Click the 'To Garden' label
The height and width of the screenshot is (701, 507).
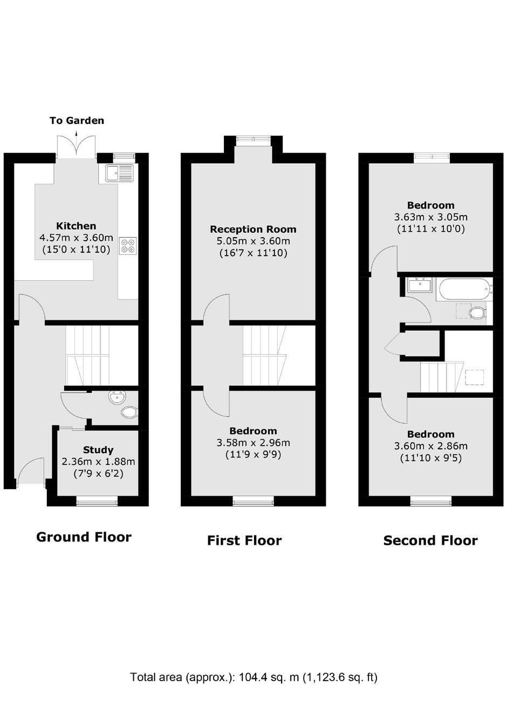point(77,121)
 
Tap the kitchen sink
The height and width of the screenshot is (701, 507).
point(120,173)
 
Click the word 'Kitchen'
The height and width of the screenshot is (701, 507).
point(76,226)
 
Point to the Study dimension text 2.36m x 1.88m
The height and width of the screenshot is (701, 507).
point(98,462)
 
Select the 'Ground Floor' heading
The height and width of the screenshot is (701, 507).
point(84,537)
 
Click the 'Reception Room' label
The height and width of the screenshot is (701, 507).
point(253,229)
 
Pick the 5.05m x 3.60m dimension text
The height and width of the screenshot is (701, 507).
point(253,241)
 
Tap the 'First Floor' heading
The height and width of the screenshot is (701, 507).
point(244,540)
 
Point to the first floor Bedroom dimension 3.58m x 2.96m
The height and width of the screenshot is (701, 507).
point(253,442)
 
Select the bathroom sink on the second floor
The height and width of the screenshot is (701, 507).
point(420,285)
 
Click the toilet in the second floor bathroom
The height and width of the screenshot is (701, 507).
point(477,313)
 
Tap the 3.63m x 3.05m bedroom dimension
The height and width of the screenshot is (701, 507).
point(431,217)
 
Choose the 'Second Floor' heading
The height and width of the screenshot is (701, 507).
point(430,540)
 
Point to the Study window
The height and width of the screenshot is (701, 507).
point(97,503)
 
